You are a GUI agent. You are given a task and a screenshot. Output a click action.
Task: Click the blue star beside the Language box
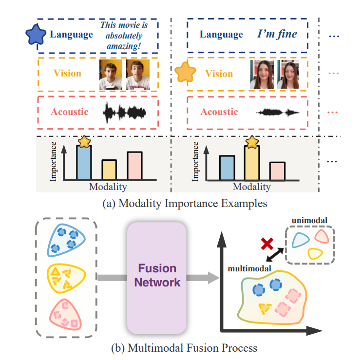point(36,35)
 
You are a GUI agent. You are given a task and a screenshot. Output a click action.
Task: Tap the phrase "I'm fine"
point(277,34)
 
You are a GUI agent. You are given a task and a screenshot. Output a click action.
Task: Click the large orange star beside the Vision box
point(186,73)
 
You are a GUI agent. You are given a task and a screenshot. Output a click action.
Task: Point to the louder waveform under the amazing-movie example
point(125,113)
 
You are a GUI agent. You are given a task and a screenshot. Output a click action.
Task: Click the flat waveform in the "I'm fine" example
point(278,113)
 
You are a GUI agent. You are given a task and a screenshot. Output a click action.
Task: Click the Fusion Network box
point(156,275)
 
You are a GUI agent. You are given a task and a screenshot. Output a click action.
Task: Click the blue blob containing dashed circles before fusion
point(66,238)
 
